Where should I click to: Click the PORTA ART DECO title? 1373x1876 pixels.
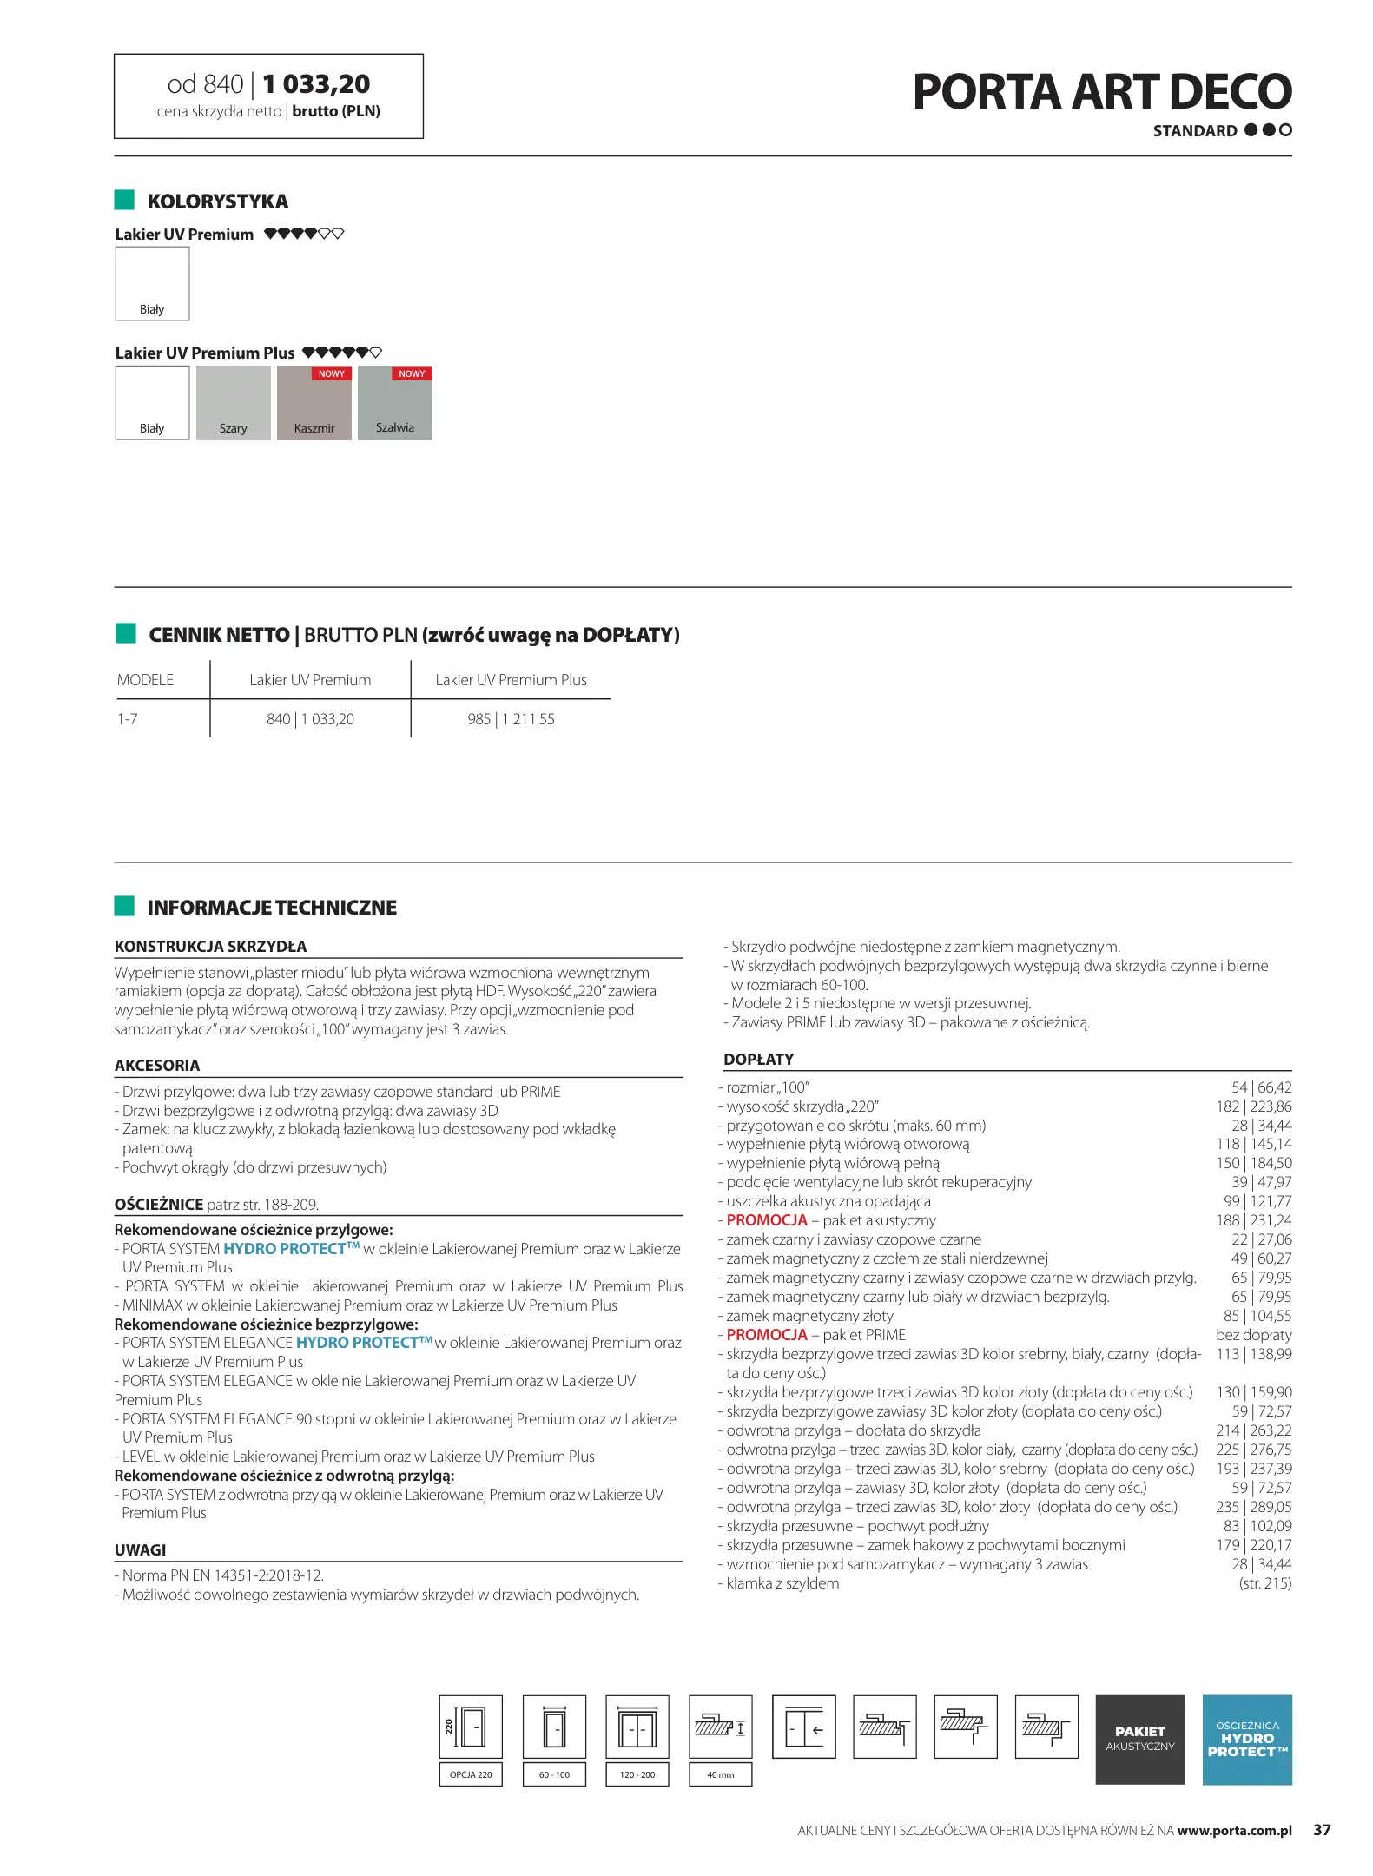click(x=1101, y=92)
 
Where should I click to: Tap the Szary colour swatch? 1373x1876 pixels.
click(x=233, y=403)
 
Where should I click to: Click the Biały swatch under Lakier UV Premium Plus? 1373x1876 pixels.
click(x=152, y=403)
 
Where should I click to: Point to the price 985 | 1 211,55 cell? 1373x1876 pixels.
click(x=511, y=719)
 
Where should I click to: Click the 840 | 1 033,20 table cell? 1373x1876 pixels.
click(x=310, y=719)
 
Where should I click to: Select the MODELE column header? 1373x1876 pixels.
click(x=145, y=680)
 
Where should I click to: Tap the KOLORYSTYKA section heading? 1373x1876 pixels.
click(x=217, y=201)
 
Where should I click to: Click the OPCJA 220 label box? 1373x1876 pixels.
click(x=471, y=1774)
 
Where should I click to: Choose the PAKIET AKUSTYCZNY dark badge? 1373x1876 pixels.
click(x=1139, y=1739)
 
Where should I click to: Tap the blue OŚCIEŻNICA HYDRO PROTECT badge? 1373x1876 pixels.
click(x=1246, y=1739)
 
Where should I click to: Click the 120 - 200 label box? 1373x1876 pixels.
click(x=637, y=1774)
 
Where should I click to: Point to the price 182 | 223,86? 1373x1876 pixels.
click(x=1253, y=1106)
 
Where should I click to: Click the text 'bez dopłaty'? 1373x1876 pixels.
click(x=1253, y=1335)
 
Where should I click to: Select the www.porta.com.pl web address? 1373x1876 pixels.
click(x=1234, y=1830)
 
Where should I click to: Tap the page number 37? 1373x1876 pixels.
click(x=1321, y=1830)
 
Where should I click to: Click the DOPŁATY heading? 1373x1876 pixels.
click(x=758, y=1060)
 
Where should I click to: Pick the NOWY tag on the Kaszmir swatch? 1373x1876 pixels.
click(x=331, y=373)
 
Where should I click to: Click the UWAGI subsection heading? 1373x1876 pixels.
click(x=140, y=1550)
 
